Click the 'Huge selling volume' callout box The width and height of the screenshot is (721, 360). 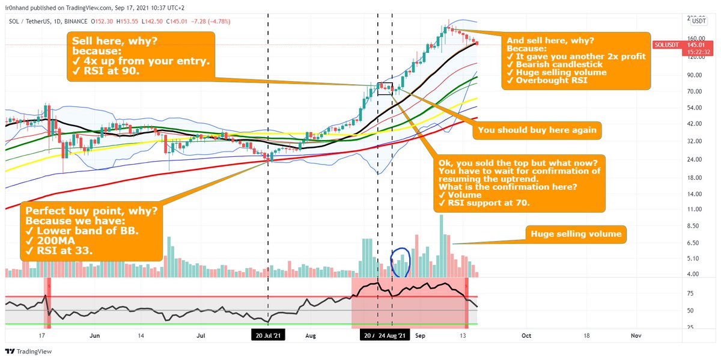tap(576, 234)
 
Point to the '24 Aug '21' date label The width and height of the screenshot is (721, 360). tap(394, 337)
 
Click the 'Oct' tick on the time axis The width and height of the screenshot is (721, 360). tap(526, 337)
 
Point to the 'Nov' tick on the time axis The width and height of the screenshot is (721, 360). tap(634, 337)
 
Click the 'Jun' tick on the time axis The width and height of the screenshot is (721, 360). tap(94, 337)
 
